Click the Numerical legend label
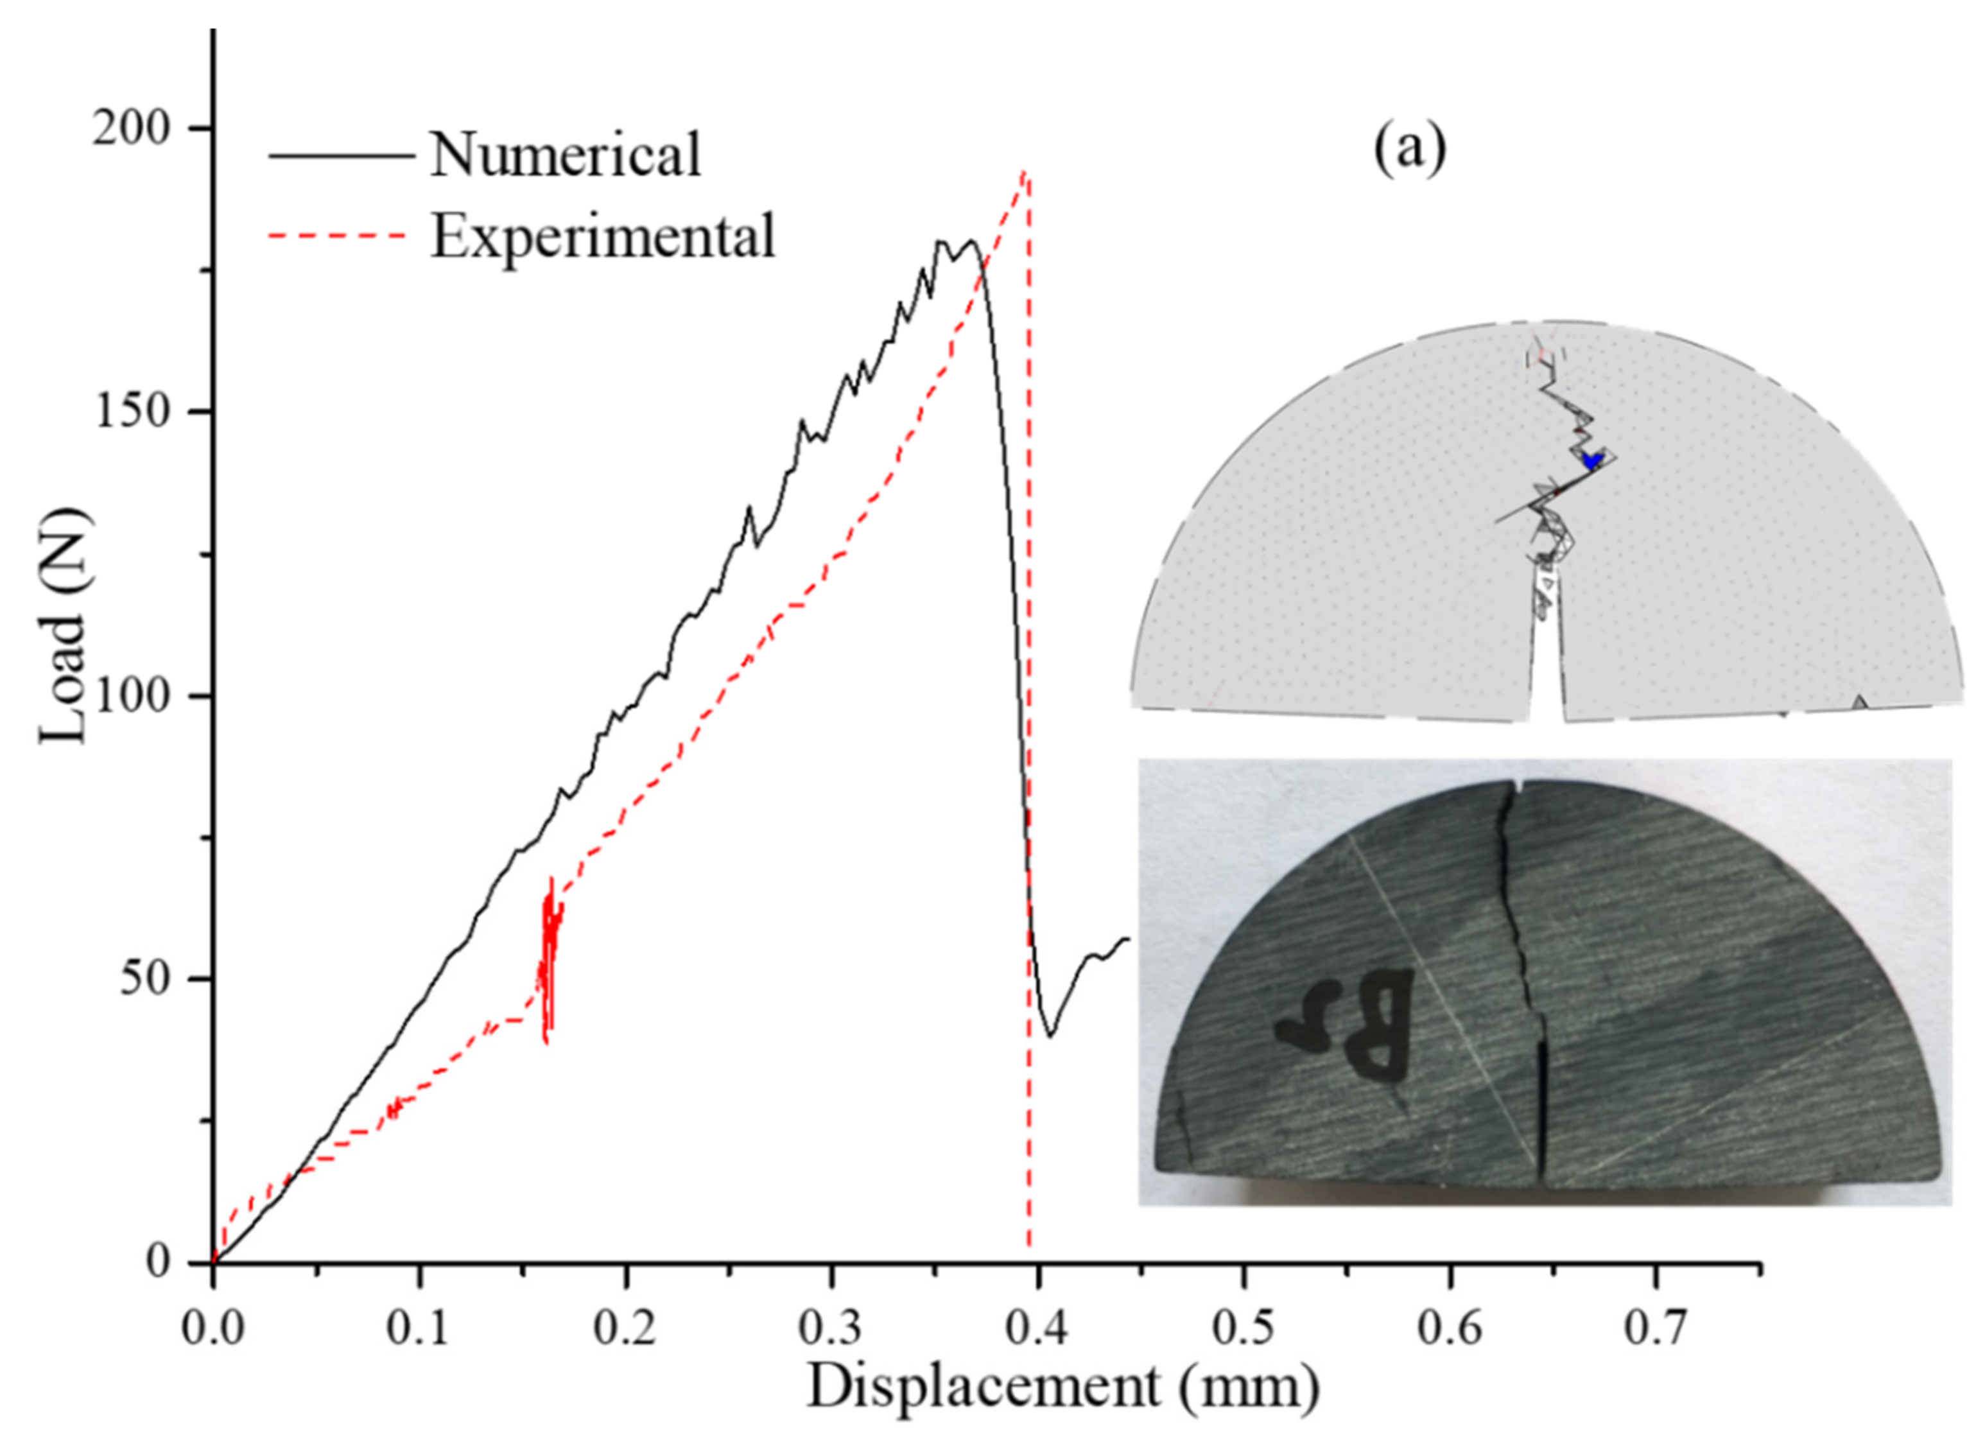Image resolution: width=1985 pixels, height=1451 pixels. pyautogui.click(x=565, y=155)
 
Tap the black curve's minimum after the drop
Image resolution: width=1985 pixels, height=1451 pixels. pyautogui.click(x=1050, y=1035)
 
